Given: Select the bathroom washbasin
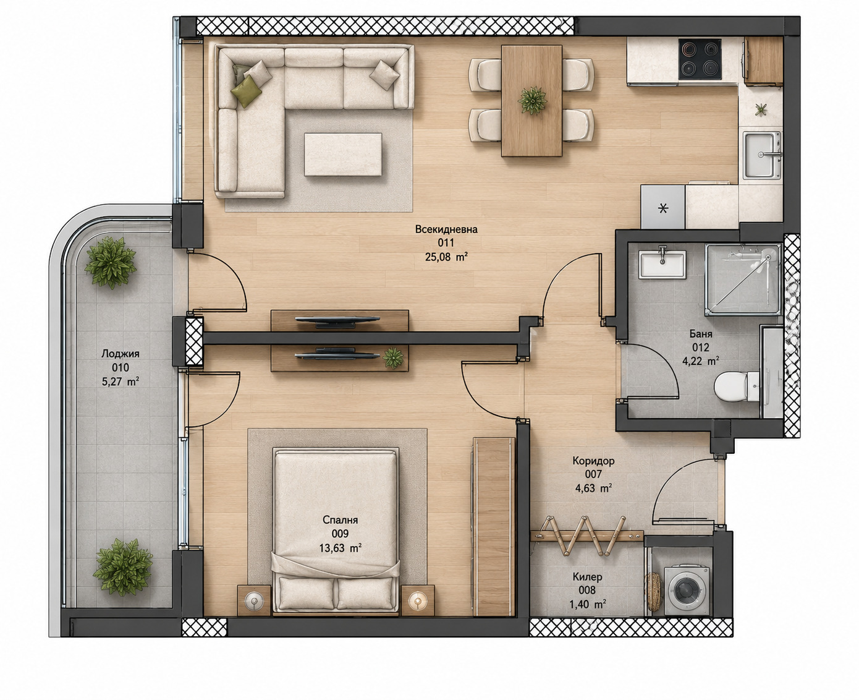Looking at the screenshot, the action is coord(662,264).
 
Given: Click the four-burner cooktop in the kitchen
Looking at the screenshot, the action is coord(700,59).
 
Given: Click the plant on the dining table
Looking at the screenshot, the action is coord(532,100).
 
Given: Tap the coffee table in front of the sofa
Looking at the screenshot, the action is coord(343,155).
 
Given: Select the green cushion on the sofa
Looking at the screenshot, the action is coord(246,91).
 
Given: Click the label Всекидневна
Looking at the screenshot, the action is coord(446,229).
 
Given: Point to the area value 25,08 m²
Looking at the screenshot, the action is coord(446,257).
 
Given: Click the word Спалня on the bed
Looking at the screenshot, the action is coord(340,520).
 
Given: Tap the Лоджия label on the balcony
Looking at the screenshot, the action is coord(120,354).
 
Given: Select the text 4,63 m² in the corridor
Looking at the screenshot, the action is coord(593,488).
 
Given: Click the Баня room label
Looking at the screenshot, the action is coord(701,334).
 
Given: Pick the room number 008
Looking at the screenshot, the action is coord(587,591).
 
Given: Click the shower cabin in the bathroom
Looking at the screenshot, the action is coord(743,279).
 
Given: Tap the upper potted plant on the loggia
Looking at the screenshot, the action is coord(110,262).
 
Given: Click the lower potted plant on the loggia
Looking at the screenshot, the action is coord(122,567).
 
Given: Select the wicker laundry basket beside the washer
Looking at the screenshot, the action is coord(653,591).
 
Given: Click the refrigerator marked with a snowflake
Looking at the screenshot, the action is coord(662,207).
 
